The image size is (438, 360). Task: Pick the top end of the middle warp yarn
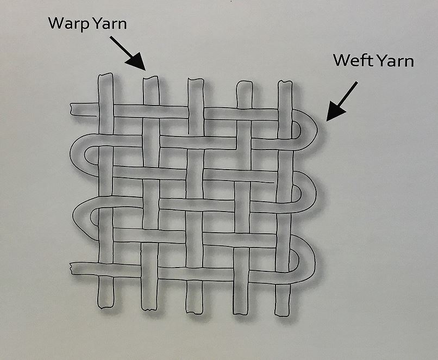tap(196, 82)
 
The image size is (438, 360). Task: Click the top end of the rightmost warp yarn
tap(284, 85)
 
